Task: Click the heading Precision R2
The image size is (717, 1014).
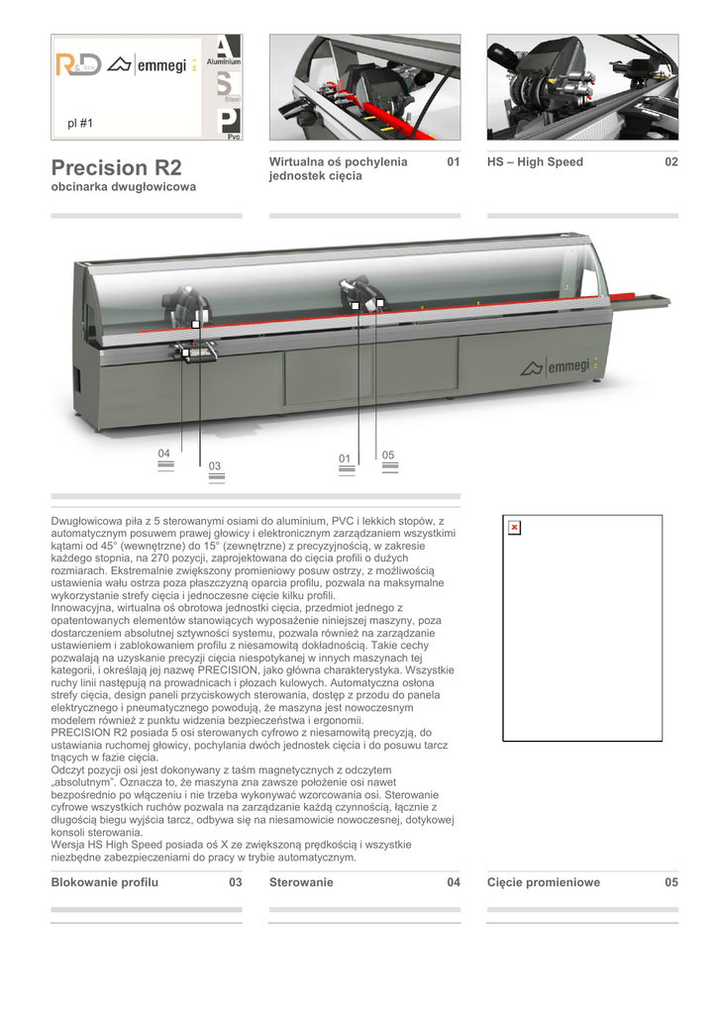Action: point(116,166)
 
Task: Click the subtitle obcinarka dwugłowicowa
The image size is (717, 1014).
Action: point(123,186)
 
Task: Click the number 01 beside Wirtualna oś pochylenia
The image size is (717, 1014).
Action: point(454,162)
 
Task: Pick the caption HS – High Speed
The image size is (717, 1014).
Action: point(535,162)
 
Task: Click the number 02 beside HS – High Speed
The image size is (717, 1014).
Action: point(671,162)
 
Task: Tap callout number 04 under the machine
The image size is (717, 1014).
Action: point(165,454)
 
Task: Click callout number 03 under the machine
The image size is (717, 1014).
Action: point(215,465)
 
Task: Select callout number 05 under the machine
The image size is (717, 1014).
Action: point(388,455)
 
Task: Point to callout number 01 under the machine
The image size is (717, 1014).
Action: point(345,458)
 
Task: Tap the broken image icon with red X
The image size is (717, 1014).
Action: point(514,528)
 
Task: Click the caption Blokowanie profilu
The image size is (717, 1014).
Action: point(104,882)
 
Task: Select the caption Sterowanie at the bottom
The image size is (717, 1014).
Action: point(301,882)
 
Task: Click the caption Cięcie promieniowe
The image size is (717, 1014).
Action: point(543,882)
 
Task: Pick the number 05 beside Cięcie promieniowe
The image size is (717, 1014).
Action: point(671,882)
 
